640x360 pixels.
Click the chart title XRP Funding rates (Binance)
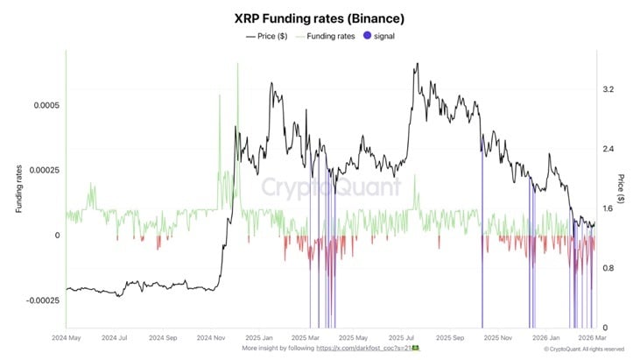tap(320, 18)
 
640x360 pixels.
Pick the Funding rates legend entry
tap(328, 36)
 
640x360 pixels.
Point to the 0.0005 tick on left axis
tap(45, 105)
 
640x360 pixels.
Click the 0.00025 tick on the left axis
tap(42, 170)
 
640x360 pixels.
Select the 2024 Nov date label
tap(211, 336)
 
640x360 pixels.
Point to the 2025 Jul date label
tap(404, 336)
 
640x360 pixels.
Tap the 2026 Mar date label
tap(594, 336)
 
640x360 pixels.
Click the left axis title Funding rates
tap(18, 190)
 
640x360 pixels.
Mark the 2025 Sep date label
tap(453, 336)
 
